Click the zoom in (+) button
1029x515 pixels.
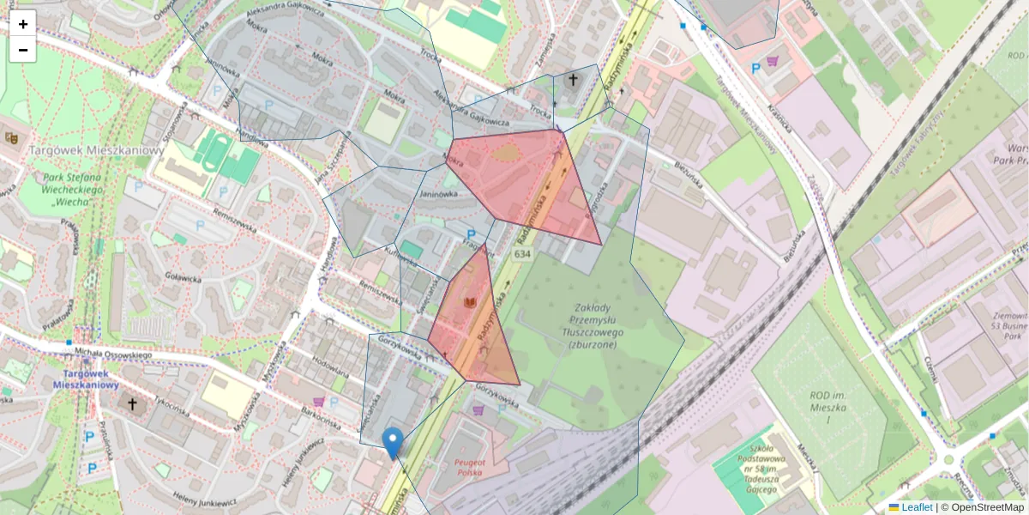pyautogui.click(x=23, y=24)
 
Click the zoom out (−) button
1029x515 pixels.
pyautogui.click(x=23, y=50)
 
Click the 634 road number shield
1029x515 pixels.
pyautogui.click(x=522, y=256)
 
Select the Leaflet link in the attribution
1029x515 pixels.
pyautogui.click(x=917, y=507)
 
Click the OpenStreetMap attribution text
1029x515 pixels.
pyautogui.click(x=987, y=507)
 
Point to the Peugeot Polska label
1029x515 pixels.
pyautogui.click(x=471, y=466)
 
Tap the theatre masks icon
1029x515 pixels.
pyautogui.click(x=12, y=136)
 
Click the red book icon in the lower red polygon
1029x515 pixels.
pyautogui.click(x=469, y=303)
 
